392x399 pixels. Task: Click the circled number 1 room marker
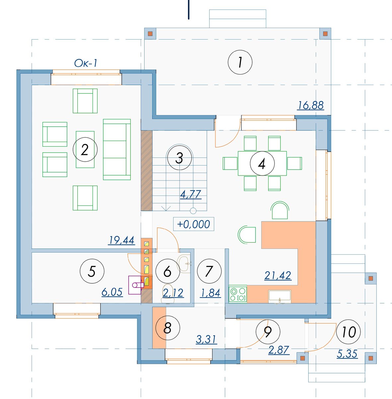pos(240,62)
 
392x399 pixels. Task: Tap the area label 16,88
pos(311,105)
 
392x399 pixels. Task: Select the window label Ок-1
pos(86,64)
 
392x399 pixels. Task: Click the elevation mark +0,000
pos(193,224)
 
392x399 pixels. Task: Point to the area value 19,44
pos(121,240)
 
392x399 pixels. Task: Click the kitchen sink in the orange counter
pos(279,297)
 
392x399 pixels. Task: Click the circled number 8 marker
pos(168,328)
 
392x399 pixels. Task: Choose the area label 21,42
pos(278,276)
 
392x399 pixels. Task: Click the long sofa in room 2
pos(117,149)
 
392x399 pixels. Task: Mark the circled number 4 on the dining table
pos(262,163)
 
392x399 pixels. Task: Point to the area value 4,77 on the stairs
pos(191,195)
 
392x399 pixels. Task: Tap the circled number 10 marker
pos(349,332)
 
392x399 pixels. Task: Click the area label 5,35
pos(347,354)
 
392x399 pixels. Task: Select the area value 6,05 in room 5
pos(112,292)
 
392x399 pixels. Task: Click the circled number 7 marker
pos(209,271)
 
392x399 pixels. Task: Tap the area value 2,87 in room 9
pos(278,350)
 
